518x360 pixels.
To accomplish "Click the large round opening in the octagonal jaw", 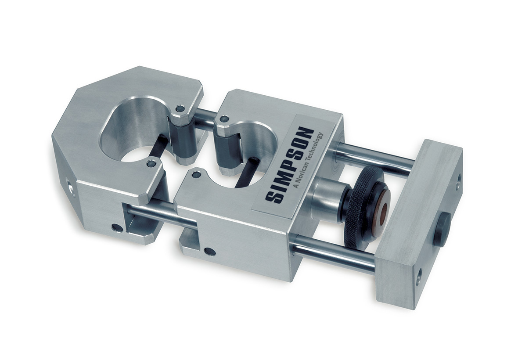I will (x=132, y=136).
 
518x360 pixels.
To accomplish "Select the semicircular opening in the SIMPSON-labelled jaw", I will (x=239, y=158).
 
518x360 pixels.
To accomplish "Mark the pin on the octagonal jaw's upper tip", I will (x=179, y=108).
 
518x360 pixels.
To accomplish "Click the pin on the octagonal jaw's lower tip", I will (x=151, y=164).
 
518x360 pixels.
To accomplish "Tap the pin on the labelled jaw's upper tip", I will (x=224, y=119).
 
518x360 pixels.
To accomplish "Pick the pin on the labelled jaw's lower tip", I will (x=196, y=175).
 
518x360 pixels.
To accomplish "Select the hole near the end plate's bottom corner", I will (x=418, y=277).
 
